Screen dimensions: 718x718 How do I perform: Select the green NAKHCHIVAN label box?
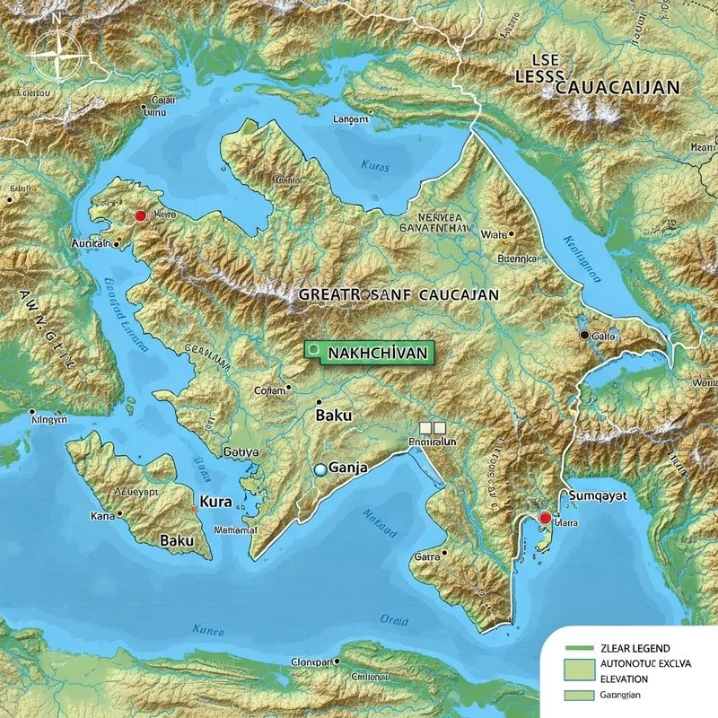368,352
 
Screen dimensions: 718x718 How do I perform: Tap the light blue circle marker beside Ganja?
320,469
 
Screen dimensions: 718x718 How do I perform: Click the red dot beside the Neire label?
139,216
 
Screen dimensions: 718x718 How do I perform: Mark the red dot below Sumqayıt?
544,518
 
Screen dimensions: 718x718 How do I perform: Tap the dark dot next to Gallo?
584,335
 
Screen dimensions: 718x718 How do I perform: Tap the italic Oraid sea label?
392,620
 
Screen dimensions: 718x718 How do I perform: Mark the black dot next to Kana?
117,517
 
